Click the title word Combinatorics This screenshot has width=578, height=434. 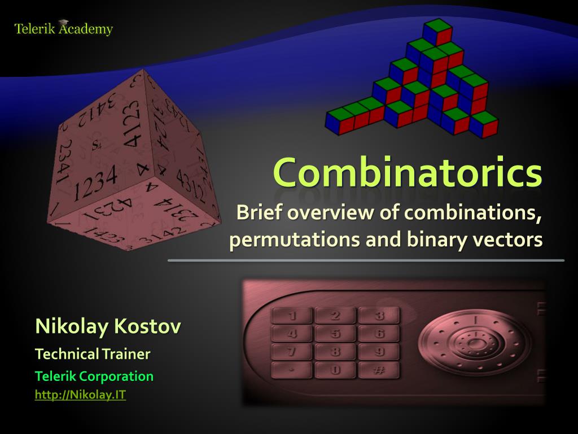click(x=408, y=172)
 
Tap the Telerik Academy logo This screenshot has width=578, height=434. click(x=64, y=28)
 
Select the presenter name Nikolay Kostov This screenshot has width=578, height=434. click(x=108, y=326)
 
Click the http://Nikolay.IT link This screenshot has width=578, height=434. click(x=80, y=395)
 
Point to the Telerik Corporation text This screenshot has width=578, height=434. click(x=94, y=376)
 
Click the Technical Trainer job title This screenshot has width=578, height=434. click(x=93, y=354)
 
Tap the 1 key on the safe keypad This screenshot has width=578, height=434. click(x=292, y=315)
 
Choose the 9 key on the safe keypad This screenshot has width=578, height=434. click(x=379, y=351)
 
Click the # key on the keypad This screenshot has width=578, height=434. click(x=379, y=370)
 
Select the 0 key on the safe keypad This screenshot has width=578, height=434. click(x=335, y=370)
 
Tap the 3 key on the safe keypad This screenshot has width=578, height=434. click(x=379, y=315)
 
